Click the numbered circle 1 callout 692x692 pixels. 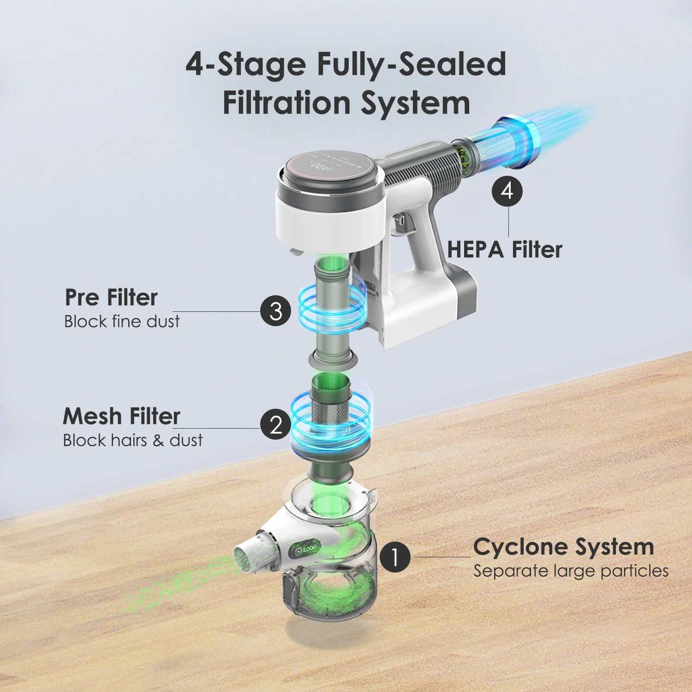click(x=395, y=557)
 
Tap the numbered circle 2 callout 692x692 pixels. click(x=275, y=424)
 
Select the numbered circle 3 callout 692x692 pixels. click(x=275, y=311)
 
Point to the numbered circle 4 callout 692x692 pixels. click(x=507, y=191)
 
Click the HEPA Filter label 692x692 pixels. click(x=504, y=250)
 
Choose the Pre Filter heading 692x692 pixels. click(x=111, y=297)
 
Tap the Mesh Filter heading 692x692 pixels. click(x=121, y=416)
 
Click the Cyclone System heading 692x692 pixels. click(x=563, y=547)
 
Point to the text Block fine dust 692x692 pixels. click(x=122, y=322)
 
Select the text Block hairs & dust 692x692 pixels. click(x=133, y=441)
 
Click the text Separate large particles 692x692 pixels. click(x=571, y=571)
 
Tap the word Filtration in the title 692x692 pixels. click(x=286, y=103)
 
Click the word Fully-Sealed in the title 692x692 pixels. click(x=411, y=64)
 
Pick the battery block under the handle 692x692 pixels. click(x=429, y=300)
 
